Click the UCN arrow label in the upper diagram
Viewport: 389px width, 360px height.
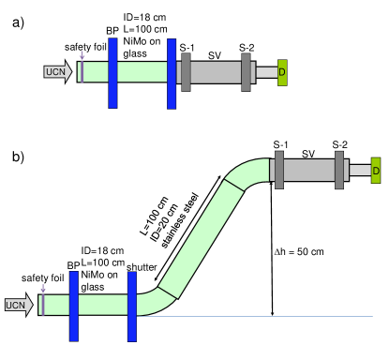tap(57, 72)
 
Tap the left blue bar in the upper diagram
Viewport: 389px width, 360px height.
tap(112, 73)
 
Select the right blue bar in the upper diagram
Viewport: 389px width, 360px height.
tap(172, 73)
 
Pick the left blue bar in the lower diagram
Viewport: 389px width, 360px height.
tap(73, 306)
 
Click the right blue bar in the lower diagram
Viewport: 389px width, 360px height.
tap(132, 306)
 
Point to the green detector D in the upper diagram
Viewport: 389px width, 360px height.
tap(282, 72)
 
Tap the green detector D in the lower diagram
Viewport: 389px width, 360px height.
tap(376, 171)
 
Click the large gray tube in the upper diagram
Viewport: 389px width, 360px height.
tap(216, 72)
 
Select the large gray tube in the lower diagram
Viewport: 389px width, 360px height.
tap(309, 170)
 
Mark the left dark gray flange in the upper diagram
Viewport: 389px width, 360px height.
tap(186, 72)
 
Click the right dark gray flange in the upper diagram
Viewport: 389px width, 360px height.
tap(246, 72)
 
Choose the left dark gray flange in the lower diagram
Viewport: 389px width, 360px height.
tap(279, 170)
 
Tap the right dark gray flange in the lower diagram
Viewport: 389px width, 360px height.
tap(339, 170)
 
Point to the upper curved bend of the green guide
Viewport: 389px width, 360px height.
tap(249, 173)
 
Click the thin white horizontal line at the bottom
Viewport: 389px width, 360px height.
tap(262, 316)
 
